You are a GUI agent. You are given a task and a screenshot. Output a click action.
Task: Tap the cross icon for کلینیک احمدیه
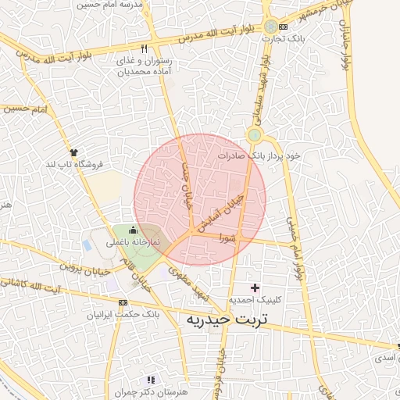[255, 288]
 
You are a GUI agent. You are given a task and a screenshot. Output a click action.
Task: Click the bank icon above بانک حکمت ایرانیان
[123, 303]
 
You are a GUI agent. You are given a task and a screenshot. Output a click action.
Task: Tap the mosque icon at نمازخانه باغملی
[132, 230]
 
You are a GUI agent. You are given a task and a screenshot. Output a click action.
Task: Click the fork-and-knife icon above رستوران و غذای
[144, 49]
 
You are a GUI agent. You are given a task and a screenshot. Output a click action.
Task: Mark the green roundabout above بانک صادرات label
[253, 136]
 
